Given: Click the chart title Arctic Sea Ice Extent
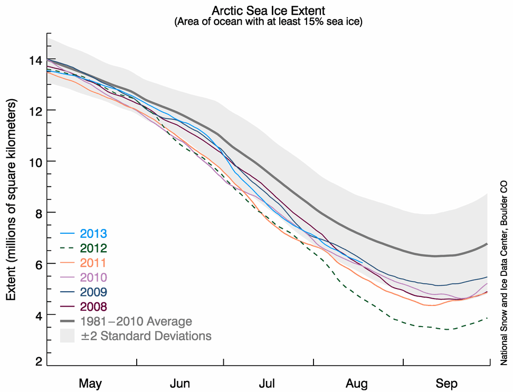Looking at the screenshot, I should [x=269, y=11].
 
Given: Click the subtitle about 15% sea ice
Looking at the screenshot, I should [x=269, y=23].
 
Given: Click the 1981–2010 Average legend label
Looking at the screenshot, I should [x=136, y=321].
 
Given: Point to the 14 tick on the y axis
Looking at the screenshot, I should [x=35, y=60].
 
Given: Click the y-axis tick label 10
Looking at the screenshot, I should [x=35, y=161].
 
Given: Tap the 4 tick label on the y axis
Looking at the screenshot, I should [x=38, y=315].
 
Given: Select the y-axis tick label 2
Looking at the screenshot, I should [x=38, y=362].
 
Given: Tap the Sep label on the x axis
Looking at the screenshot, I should [x=446, y=382].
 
